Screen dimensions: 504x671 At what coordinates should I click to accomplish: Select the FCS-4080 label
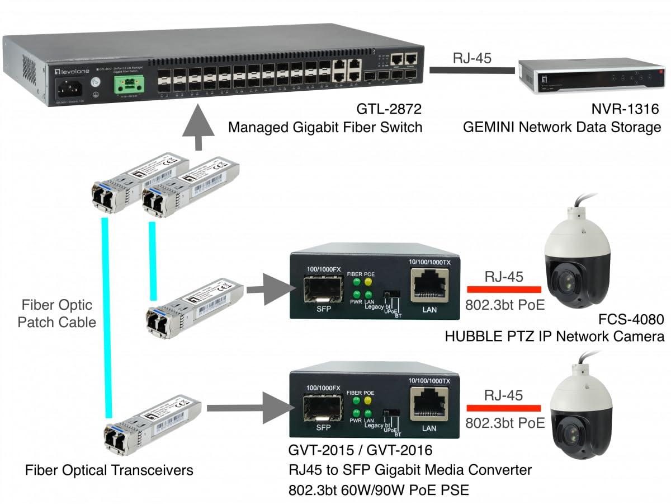coord(631,320)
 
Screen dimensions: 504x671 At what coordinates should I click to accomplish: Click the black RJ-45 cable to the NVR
coord(472,70)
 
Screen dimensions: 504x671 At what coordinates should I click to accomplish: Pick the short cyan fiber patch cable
coord(152,260)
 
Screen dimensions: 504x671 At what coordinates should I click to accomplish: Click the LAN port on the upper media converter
coord(428,286)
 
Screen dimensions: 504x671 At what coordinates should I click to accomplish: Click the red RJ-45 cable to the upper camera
coord(504,289)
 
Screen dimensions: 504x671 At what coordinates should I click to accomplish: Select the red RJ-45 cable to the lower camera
coord(504,408)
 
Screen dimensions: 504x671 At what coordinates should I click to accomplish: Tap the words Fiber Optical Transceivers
coord(109,470)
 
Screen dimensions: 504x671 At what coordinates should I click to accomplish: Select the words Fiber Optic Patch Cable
coord(57,314)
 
